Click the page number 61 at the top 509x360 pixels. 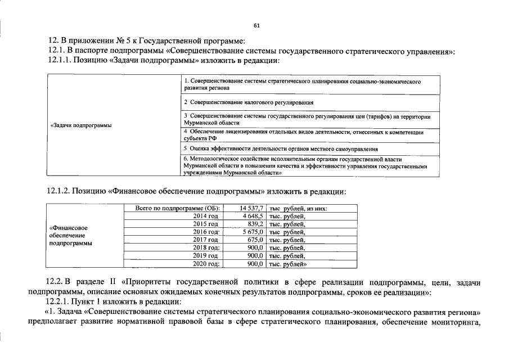pos(256,26)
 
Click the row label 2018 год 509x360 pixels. pos(206,247)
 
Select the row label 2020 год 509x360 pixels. pos(206,263)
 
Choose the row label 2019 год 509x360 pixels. pos(206,255)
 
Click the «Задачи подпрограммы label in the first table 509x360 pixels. pos(80,125)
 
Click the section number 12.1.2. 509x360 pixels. pos(58,192)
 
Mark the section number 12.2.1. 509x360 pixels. pos(58,301)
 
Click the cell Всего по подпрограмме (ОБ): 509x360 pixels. pos(174,208)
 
